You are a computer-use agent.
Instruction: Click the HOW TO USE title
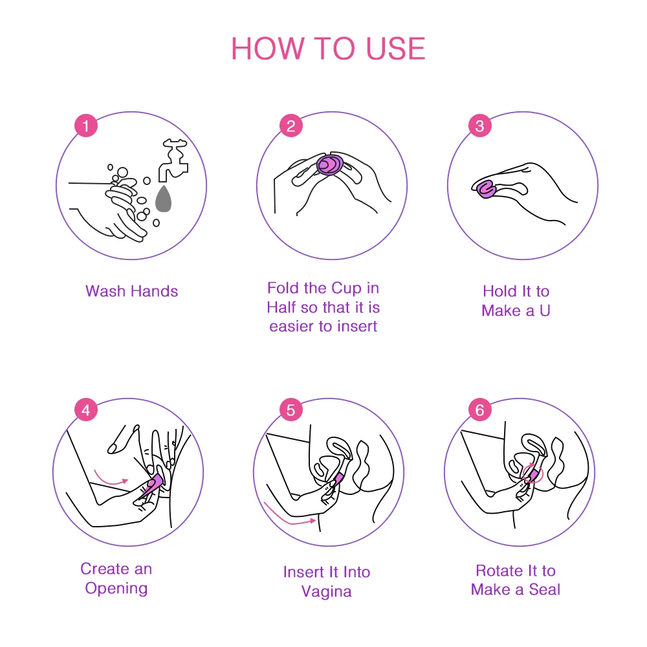pyautogui.click(x=328, y=49)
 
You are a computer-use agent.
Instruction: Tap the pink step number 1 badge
pyautogui.click(x=86, y=126)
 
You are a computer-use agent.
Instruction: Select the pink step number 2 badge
pyautogui.click(x=291, y=126)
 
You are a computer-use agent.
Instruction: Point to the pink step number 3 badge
pyautogui.click(x=479, y=126)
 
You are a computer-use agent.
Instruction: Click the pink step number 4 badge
pyautogui.click(x=86, y=410)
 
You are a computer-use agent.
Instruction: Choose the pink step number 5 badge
pyautogui.click(x=291, y=410)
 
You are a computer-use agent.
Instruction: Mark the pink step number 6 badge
pyautogui.click(x=479, y=410)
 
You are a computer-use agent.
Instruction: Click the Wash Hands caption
pyautogui.click(x=131, y=291)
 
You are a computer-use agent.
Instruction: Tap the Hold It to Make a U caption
pyautogui.click(x=516, y=301)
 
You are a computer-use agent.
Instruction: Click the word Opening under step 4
pyautogui.click(x=116, y=589)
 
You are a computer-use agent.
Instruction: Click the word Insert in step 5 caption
pyautogui.click(x=302, y=572)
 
